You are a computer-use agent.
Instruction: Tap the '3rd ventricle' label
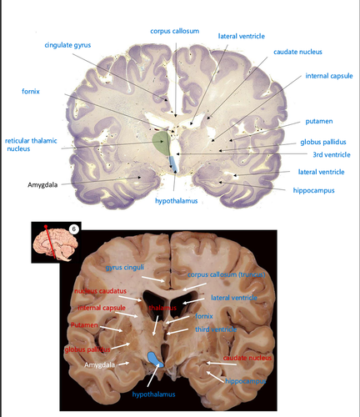[323, 155]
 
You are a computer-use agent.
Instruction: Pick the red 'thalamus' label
[163, 308]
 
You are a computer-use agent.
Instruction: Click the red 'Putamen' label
[84, 326]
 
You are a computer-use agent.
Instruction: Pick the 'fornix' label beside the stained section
[32, 89]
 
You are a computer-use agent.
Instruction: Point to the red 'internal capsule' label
[97, 309]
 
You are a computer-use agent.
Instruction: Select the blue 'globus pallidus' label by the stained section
[323, 142]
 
